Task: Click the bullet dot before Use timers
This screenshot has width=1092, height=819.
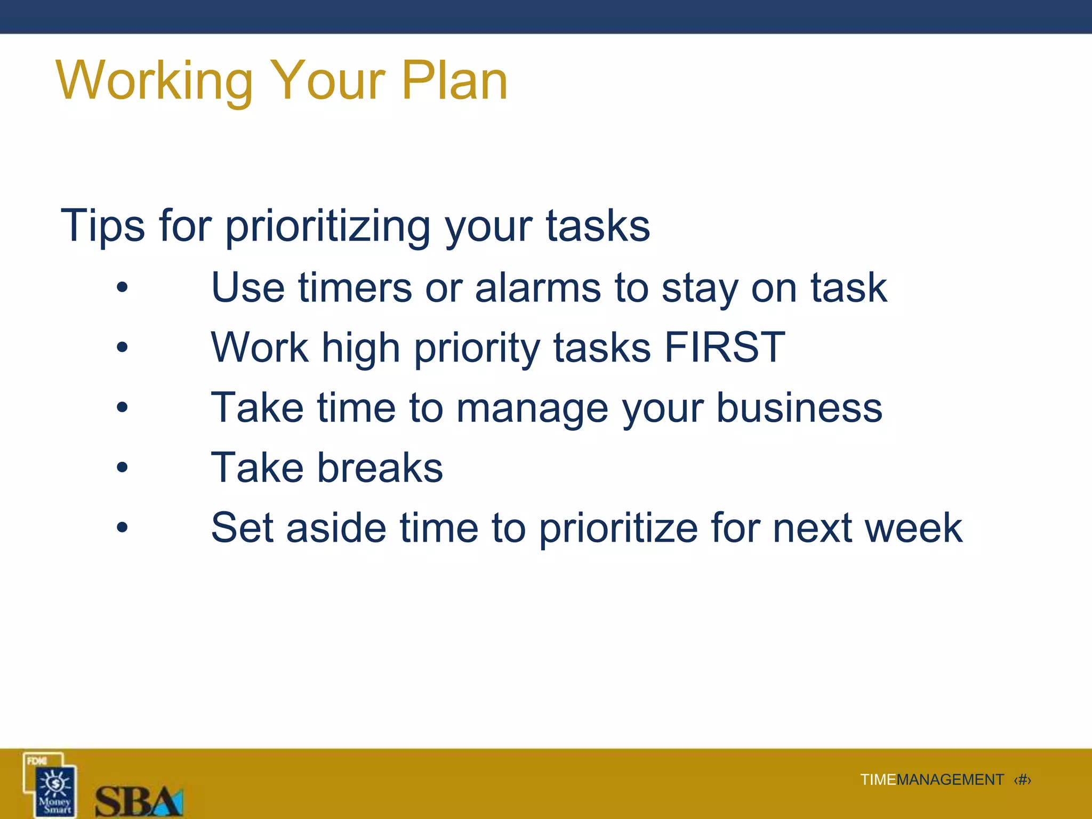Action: click(x=123, y=288)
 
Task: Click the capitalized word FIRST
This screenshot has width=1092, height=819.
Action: click(x=725, y=348)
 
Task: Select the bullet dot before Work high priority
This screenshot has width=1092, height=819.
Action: click(x=123, y=348)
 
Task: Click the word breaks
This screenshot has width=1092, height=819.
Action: click(x=380, y=468)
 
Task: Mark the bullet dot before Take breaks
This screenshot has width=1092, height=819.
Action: click(x=123, y=468)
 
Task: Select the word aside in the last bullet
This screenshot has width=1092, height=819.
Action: click(x=336, y=528)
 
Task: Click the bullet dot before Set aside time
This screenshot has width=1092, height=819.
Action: click(x=123, y=528)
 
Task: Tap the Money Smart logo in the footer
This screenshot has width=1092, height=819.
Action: click(x=51, y=785)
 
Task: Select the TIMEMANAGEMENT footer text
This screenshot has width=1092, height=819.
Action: click(x=932, y=780)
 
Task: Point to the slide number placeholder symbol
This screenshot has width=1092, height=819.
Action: click(x=1022, y=780)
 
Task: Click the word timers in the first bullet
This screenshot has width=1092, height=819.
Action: click(x=355, y=288)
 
